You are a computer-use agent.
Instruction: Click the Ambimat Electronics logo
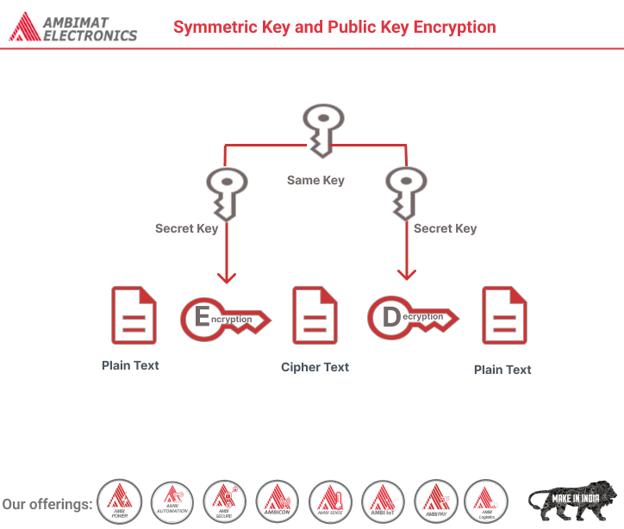pos(73,28)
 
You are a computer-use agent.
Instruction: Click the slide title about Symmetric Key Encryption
pos(334,27)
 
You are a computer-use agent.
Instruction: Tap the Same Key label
pos(315,180)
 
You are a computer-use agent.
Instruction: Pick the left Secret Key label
pos(186,228)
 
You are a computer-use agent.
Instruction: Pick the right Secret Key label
pos(445,228)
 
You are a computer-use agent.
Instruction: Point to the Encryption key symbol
pos(224,318)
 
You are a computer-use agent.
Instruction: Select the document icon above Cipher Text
pos(315,315)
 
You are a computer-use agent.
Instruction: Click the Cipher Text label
pos(315,367)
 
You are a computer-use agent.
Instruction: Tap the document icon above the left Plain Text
pos(134,315)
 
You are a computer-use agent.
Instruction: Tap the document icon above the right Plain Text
pos(503,315)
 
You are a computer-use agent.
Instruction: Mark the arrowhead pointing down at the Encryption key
pos(227,277)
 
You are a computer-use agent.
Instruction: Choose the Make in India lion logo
pos(572,500)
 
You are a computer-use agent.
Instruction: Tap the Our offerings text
pos(47,504)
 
